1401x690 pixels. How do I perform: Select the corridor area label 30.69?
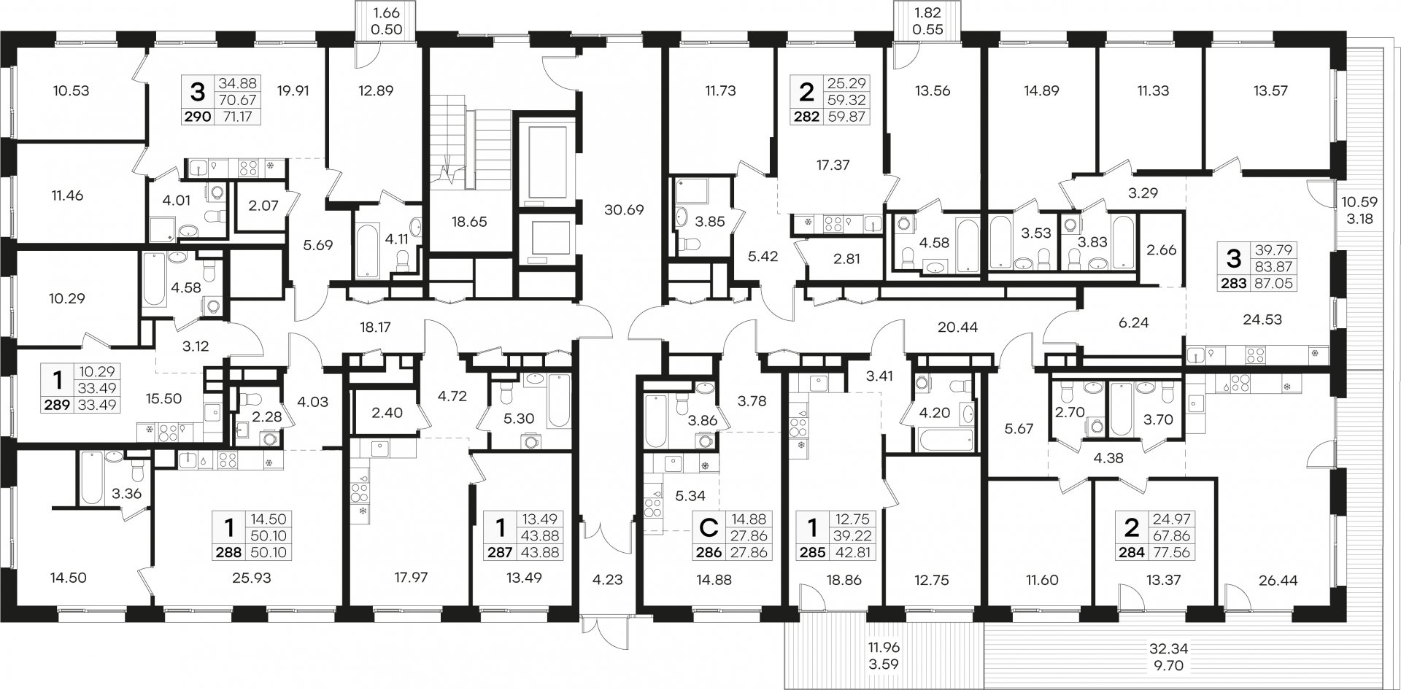pos(624,209)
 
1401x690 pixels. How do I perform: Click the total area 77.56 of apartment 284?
pos(1170,553)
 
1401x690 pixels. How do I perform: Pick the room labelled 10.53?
pos(71,91)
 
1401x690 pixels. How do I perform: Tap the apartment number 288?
pos(229,553)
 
